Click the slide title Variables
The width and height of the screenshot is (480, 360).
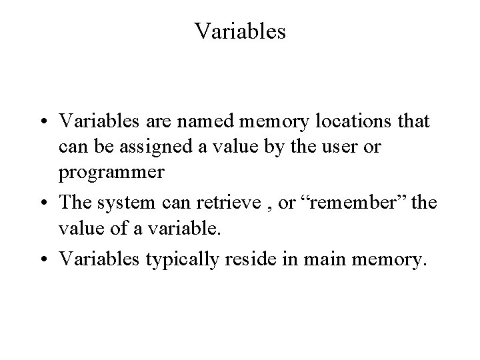click(x=240, y=31)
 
